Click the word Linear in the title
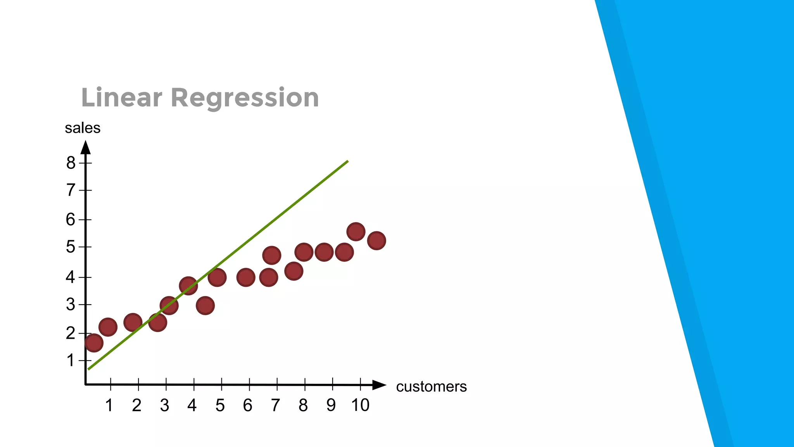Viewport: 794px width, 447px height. point(121,97)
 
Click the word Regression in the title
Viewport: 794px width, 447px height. point(245,98)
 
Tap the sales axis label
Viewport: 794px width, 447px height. point(83,128)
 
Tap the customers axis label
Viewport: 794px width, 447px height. point(431,386)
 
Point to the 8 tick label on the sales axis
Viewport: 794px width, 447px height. point(71,163)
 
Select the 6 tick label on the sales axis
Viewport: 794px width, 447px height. point(70,220)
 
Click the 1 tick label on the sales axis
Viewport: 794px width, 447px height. point(70,360)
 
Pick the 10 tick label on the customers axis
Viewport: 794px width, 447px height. point(360,405)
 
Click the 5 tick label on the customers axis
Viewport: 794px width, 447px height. point(220,405)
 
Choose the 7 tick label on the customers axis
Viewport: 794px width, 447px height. point(275,405)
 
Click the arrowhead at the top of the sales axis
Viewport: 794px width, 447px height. point(86,147)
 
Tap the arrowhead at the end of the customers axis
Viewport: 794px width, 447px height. point(379,385)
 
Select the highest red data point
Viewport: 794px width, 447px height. point(356,232)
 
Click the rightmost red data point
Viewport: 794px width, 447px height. point(376,241)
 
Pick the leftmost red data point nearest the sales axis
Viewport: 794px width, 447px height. point(94,343)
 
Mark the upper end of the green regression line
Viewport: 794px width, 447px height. point(347,161)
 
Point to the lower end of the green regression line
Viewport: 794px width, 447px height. point(89,369)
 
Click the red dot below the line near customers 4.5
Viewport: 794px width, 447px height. point(205,306)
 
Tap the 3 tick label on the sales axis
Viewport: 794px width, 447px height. point(70,305)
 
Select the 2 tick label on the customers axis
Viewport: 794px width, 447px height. point(136,405)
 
